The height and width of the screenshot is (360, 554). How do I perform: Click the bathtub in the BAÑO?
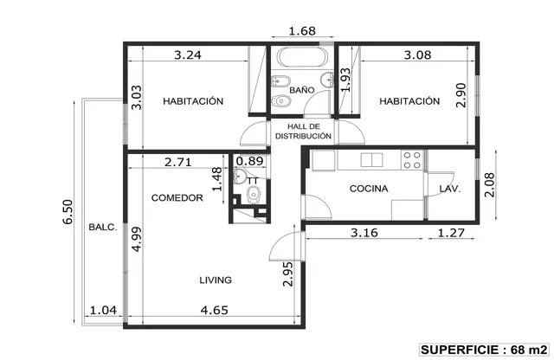click(x=302, y=56)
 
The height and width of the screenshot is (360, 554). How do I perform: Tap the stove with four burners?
click(x=412, y=160)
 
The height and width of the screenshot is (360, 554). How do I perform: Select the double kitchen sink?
click(x=371, y=160)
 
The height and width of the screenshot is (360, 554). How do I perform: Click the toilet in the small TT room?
click(x=253, y=196)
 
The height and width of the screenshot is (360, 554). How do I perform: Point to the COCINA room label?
click(x=369, y=189)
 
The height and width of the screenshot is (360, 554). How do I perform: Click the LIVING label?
click(x=216, y=280)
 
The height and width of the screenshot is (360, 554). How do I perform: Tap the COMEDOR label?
click(x=177, y=198)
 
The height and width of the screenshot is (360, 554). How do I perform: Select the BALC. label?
click(x=102, y=228)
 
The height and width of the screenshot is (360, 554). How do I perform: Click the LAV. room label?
click(x=450, y=189)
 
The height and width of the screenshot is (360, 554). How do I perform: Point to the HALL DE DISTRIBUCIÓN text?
click(x=304, y=131)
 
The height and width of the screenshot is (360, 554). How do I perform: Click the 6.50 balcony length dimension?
click(x=68, y=212)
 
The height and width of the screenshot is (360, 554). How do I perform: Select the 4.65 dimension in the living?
click(x=214, y=310)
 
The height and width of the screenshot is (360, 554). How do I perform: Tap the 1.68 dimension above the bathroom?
click(x=302, y=31)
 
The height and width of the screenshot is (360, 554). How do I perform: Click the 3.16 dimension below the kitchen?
click(x=364, y=233)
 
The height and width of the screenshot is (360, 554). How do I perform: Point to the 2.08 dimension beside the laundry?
click(x=490, y=185)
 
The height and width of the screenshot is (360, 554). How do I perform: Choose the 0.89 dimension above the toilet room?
click(x=249, y=161)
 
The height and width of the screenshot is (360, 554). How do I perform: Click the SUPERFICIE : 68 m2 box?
click(x=484, y=350)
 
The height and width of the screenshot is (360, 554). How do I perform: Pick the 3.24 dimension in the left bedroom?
click(x=188, y=55)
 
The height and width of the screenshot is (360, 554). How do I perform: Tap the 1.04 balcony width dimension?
click(x=103, y=310)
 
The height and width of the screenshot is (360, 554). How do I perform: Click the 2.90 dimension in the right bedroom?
click(x=461, y=95)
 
